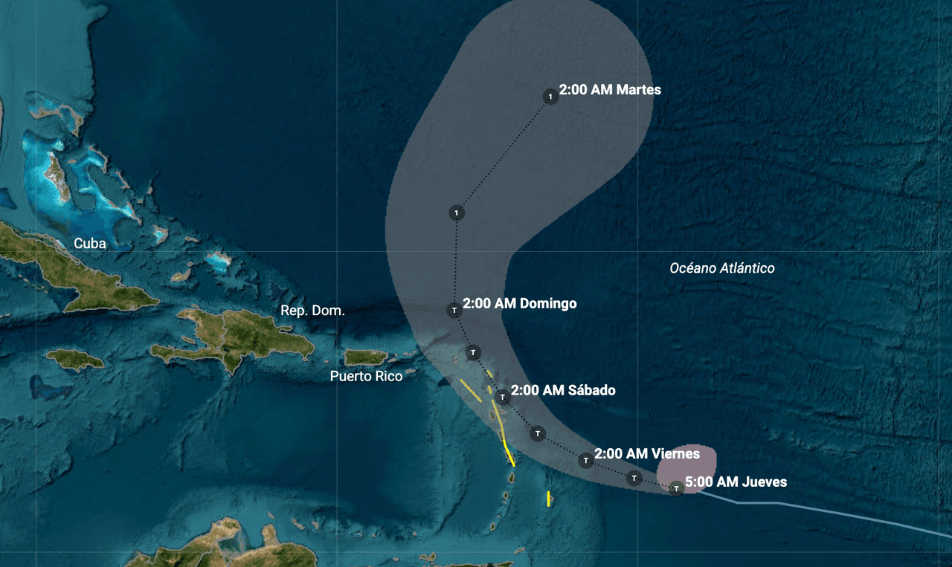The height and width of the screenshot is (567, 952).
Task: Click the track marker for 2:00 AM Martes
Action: tap(550, 97)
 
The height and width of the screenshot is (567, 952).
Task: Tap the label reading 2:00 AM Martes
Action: tap(610, 90)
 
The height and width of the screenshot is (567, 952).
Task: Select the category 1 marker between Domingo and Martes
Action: tap(457, 213)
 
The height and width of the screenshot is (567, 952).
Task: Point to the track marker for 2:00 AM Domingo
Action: tap(454, 310)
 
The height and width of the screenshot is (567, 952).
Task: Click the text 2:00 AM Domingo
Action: tap(519, 303)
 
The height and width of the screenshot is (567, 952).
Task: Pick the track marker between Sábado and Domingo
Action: tap(473, 351)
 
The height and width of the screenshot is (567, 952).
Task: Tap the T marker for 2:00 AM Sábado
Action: tap(503, 396)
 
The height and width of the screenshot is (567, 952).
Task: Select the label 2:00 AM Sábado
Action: tap(563, 390)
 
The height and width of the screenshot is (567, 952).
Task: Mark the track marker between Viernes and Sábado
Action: tap(537, 433)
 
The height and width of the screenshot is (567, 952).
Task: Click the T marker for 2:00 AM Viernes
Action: tap(586, 461)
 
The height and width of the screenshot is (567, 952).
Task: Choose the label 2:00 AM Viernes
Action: tap(647, 453)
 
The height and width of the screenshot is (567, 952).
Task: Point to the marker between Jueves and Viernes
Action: tap(634, 478)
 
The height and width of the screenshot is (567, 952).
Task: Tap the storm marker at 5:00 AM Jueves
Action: tap(676, 488)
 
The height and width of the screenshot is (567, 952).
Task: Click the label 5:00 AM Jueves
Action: tap(736, 482)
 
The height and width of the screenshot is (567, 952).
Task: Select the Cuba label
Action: tap(90, 244)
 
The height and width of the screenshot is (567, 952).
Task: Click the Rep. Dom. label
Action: tap(312, 311)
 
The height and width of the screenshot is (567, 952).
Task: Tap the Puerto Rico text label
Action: tap(366, 376)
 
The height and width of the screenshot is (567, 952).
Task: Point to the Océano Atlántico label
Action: tap(722, 268)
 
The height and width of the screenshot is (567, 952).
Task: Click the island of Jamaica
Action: tap(75, 360)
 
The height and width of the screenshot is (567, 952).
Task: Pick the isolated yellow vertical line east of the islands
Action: tap(548, 499)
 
